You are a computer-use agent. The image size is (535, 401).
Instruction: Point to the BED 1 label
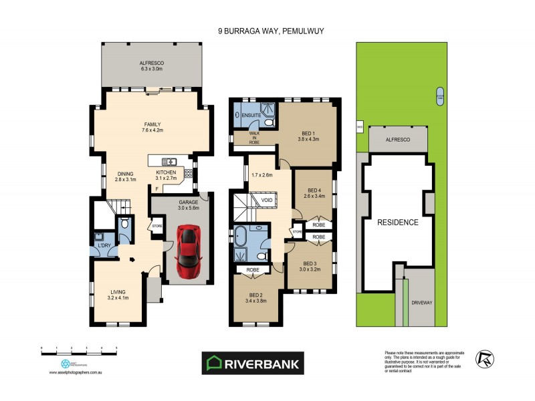[x=309, y=135]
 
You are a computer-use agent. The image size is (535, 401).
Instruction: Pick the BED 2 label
[x=257, y=297]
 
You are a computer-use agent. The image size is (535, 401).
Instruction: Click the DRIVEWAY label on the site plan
[x=422, y=302]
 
